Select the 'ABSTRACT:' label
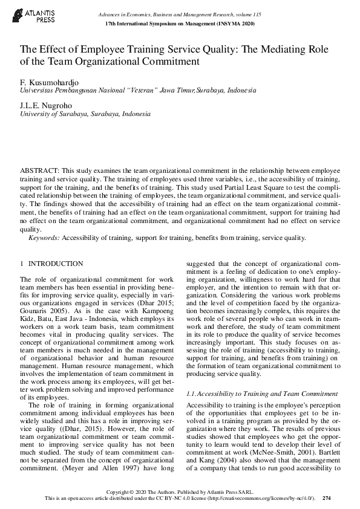click(39, 172)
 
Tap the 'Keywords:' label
click(44, 238)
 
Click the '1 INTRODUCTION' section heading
click(52, 264)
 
